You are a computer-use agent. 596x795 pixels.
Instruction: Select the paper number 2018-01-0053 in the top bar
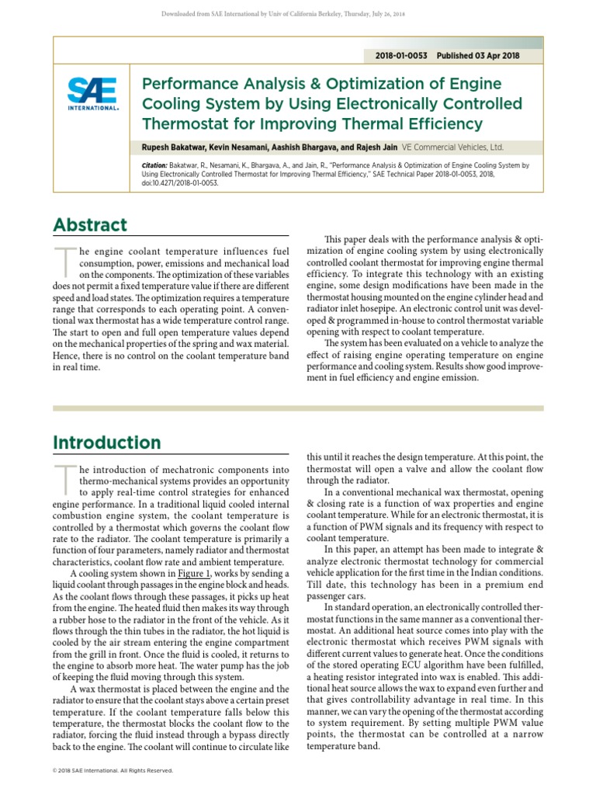click(x=402, y=56)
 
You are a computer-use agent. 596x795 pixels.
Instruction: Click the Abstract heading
click(x=90, y=225)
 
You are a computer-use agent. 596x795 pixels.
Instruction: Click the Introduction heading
click(x=107, y=443)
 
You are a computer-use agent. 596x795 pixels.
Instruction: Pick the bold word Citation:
click(x=156, y=166)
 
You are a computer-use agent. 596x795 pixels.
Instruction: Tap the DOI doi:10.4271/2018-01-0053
click(x=181, y=183)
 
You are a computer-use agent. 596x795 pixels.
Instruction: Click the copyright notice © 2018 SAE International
click(x=113, y=771)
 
